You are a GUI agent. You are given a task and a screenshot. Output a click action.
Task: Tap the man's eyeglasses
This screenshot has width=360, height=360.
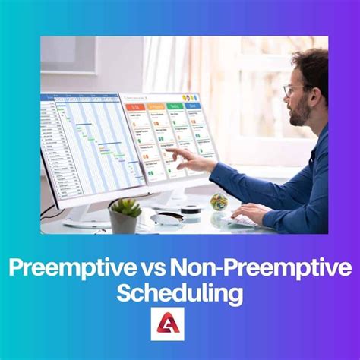tap(292, 90)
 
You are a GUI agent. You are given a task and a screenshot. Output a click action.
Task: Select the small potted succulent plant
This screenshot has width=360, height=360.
tap(125, 209)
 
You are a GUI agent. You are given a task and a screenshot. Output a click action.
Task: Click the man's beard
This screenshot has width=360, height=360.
tap(301, 114)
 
